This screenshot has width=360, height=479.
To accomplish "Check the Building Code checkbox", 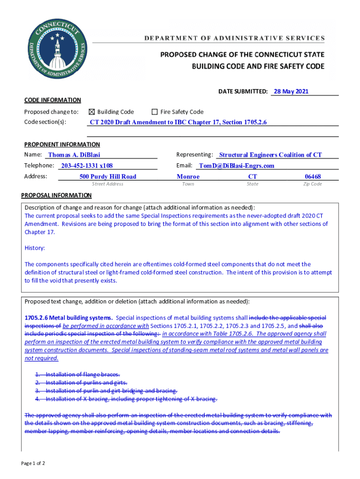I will (92, 112).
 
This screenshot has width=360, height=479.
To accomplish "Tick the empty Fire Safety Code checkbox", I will (154, 112).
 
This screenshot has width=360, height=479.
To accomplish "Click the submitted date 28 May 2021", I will (291, 92).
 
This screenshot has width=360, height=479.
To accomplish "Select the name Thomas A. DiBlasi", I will (74, 155).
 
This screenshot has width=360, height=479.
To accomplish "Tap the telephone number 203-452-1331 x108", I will (86, 166).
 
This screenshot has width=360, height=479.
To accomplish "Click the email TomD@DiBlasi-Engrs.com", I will (236, 166).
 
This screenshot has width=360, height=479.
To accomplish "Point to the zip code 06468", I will (312, 176).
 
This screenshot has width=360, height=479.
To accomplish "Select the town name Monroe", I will (188, 176).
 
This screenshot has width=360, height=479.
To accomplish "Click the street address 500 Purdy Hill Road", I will (108, 176).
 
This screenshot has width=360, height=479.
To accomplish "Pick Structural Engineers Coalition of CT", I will (270, 155).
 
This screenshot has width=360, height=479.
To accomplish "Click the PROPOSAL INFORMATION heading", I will (57, 195).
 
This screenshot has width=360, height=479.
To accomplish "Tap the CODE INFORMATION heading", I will (52, 100).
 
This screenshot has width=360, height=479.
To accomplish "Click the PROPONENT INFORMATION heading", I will (62, 145).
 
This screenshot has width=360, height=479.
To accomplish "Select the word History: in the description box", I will (35, 248).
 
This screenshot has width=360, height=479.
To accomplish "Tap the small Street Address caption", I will (108, 184).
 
